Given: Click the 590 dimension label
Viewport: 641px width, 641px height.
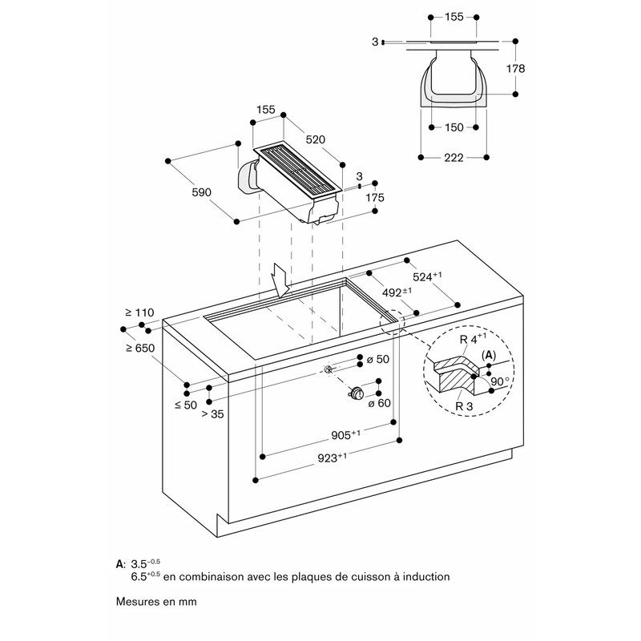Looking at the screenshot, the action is coord(202,192).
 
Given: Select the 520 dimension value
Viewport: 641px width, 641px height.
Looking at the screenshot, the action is coord(316,139).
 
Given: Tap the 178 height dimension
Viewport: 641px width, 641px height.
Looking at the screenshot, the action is coord(515,69).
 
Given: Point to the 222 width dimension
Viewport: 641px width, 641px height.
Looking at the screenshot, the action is coord(454,157).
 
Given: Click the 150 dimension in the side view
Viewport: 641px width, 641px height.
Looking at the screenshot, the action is coord(454,127).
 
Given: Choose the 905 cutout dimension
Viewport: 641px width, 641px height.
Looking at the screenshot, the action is coord(346,435).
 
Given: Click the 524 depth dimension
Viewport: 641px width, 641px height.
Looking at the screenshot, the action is coord(428,276).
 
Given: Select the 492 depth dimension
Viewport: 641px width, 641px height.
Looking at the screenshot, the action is coord(397,292).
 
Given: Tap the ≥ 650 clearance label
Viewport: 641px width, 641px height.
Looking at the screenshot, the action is coord(140,349).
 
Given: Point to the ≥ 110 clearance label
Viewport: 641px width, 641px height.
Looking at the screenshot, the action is coord(139,312).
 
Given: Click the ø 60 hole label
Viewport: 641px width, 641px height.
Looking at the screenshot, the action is coord(379,404).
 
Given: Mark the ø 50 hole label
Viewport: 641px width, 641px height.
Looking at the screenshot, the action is coord(377,359).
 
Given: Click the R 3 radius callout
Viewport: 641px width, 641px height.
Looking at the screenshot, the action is coord(464,406).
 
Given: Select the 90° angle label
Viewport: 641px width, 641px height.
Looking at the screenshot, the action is coord(500,381).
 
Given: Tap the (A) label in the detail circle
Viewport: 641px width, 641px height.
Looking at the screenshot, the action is coord(489,356).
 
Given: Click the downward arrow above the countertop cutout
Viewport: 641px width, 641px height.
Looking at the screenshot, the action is coord(282,280).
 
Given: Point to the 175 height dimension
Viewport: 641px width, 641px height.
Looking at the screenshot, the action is coord(375,198).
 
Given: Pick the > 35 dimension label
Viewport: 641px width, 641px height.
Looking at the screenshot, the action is coord(213,414).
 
